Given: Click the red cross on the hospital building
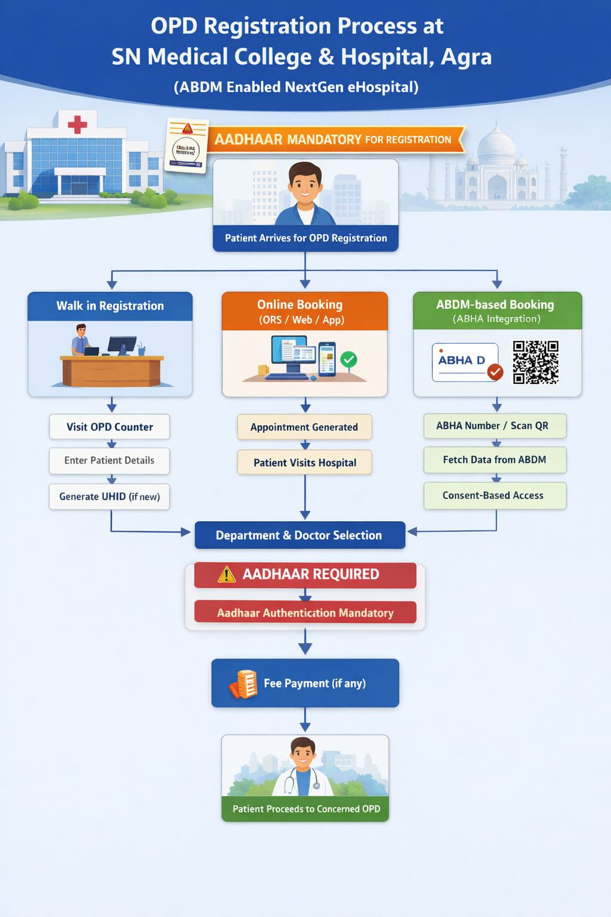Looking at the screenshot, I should point(77,125).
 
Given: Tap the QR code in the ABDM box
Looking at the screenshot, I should point(535,362).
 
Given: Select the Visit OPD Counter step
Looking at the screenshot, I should point(110,427).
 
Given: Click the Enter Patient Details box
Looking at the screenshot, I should point(109,460).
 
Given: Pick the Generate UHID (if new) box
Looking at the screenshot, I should point(109,497).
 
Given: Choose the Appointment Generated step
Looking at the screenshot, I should point(304,427).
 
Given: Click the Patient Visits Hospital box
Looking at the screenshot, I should point(304,463).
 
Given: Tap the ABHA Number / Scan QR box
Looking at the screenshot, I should point(495,426).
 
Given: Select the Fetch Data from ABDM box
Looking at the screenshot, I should point(495,460).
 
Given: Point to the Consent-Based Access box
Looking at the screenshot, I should point(495,496).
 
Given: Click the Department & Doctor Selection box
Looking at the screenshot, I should point(300,536).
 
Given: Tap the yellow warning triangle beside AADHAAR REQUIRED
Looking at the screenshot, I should point(227,574).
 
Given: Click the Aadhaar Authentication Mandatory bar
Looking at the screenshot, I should point(305,613).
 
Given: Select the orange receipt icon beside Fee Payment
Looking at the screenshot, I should point(243,684).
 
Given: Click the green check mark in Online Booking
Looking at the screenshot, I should point(348,359).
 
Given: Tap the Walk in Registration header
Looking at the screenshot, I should point(110,306).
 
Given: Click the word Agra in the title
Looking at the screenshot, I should point(466,57).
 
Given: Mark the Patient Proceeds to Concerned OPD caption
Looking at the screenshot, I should point(305,809).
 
